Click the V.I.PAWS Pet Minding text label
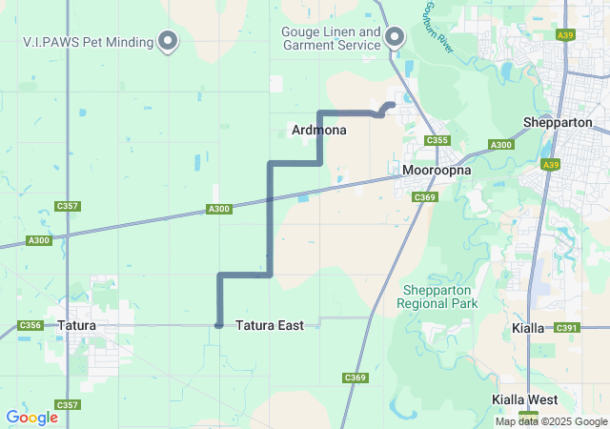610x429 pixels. (x=88, y=41)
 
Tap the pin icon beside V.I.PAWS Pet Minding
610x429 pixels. (x=169, y=40)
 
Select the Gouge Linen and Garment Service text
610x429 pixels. (x=331, y=38)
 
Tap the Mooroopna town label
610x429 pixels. (x=437, y=170)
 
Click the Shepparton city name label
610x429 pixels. (x=558, y=123)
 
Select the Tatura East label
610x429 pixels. (x=269, y=325)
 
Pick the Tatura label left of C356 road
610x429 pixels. (x=76, y=325)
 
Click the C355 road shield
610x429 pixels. (x=437, y=141)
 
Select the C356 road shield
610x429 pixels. (x=30, y=325)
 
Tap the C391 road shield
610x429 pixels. (x=566, y=328)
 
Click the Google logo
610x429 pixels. (x=31, y=418)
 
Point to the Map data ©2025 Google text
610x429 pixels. (x=550, y=421)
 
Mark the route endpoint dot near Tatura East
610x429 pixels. (x=219, y=325)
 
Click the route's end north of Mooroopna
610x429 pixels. (x=392, y=105)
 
